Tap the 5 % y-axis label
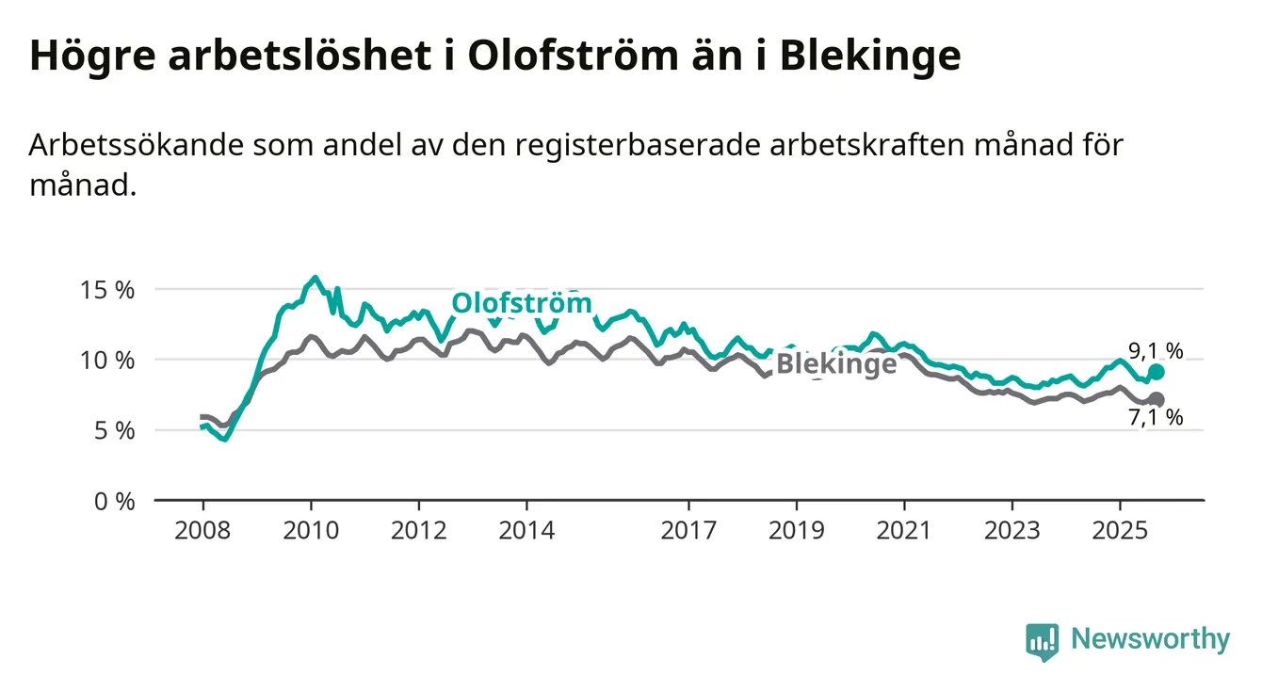pyautogui.click(x=117, y=431)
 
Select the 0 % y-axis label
pyautogui.click(x=117, y=501)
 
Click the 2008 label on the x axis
pyautogui.click(x=202, y=531)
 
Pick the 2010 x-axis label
pyautogui.click(x=311, y=531)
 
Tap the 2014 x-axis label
pyautogui.click(x=527, y=531)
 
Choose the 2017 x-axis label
pyautogui.click(x=689, y=531)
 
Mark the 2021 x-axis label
pyautogui.click(x=905, y=531)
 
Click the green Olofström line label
pyautogui.click(x=522, y=303)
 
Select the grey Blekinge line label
pyautogui.click(x=836, y=364)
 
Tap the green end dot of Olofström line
pyautogui.click(x=1157, y=372)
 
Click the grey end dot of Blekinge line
pyautogui.click(x=1157, y=400)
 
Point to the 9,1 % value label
pyautogui.click(x=1156, y=350)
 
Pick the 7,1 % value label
pyautogui.click(x=1156, y=419)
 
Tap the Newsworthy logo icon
pyautogui.click(x=1042, y=641)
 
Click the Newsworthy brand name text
pyautogui.click(x=1150, y=640)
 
